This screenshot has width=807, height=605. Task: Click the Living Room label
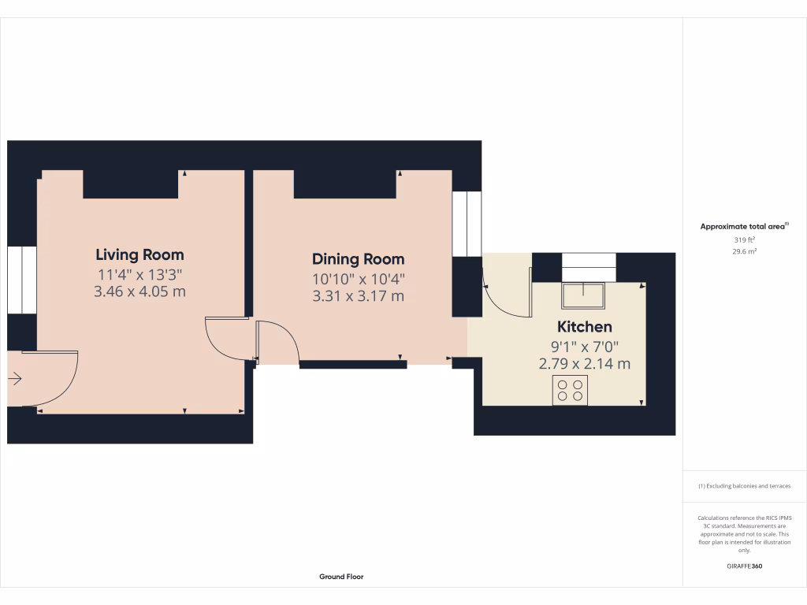point(139,254)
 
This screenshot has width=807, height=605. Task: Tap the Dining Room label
point(358,259)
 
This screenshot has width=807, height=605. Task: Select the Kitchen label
point(584,327)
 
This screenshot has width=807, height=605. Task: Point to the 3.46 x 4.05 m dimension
point(139,291)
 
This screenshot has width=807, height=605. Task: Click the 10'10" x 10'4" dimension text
point(358,278)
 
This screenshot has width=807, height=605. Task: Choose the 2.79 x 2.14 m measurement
point(584,363)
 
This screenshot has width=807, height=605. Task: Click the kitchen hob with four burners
point(570,390)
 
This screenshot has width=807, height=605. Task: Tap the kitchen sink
point(582,295)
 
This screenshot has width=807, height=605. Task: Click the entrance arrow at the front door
point(15,380)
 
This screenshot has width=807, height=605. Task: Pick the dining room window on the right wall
point(466,223)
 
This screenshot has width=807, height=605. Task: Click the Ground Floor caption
point(341,577)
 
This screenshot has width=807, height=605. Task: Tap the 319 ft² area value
point(744,239)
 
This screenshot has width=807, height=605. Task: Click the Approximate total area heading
point(744,226)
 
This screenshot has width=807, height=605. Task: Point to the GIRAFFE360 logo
point(744,566)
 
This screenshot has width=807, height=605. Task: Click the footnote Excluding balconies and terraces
point(744,486)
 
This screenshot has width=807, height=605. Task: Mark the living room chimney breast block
point(131,184)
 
